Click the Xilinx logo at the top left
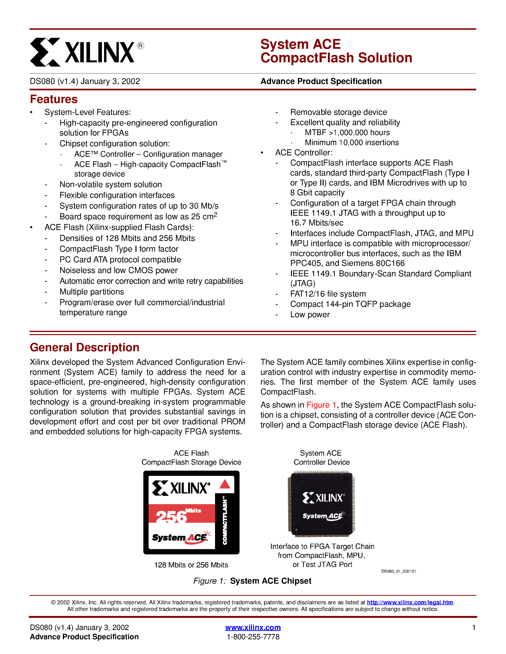coord(82,52)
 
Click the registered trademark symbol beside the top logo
coord(140,45)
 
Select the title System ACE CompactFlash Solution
coord(336,51)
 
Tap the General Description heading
coord(85,347)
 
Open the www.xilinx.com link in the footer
coord(253,627)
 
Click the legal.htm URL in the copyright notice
coord(410,602)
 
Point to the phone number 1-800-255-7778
coord(253,637)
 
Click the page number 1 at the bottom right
coord(474,627)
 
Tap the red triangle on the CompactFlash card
coord(225,484)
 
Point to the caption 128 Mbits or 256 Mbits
coord(191,565)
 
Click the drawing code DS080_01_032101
coord(398,571)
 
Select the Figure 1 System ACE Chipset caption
coord(252,581)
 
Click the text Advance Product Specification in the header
coord(321,81)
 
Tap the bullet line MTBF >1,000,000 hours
coord(347,132)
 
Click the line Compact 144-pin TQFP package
coord(350,304)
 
